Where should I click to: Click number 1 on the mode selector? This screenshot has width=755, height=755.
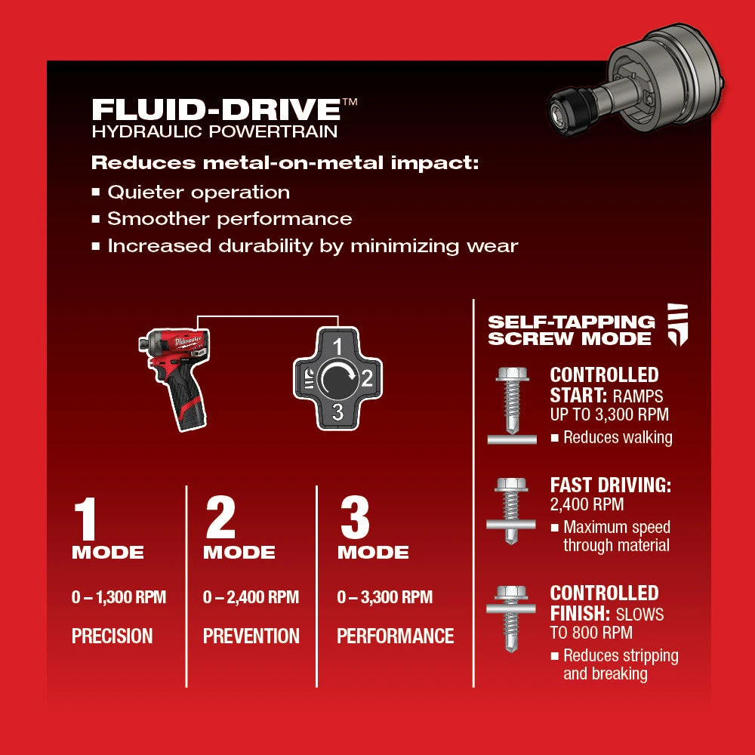coord(338,347)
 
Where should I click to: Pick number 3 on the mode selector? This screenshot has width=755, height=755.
coord(338,412)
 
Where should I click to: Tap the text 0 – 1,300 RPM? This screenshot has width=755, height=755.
coord(119,598)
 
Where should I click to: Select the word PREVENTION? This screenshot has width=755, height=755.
coord(251,636)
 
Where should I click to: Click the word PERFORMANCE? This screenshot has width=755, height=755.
coord(395,636)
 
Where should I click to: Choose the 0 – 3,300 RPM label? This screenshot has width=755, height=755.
coord(384,598)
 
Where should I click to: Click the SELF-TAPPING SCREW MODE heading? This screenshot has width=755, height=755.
coord(571,331)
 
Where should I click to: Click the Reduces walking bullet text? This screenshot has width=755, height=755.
coord(617,437)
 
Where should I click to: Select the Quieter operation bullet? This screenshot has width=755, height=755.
coord(198,193)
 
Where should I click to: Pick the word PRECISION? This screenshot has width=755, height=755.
coord(112,636)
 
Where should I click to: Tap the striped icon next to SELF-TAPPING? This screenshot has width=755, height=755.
coord(677,325)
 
